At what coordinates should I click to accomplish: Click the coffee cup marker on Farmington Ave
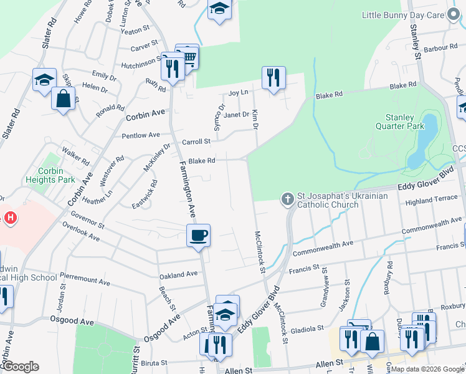199,236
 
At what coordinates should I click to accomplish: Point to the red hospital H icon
10,218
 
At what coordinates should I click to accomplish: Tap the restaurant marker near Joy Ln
273,78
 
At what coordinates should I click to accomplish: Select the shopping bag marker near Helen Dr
63,98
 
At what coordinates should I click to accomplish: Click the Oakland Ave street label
178,274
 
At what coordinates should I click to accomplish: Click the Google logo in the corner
20,367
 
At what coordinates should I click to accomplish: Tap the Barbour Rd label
440,48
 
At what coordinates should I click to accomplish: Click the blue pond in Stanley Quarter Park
421,143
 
